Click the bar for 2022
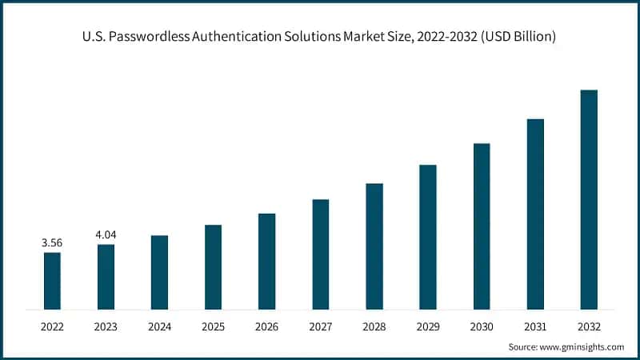click(52, 281)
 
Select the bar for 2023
click(106, 277)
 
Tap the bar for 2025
click(213, 267)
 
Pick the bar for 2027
click(320, 254)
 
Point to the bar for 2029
click(428, 237)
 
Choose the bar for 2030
click(482, 226)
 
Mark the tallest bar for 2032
click(589, 200)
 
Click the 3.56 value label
click(52, 242)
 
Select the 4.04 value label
click(106, 234)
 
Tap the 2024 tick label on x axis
click(159, 326)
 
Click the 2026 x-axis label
click(266, 326)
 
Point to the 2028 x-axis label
click(374, 326)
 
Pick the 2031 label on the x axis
click(535, 326)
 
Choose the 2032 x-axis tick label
click(589, 326)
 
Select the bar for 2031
click(535, 214)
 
